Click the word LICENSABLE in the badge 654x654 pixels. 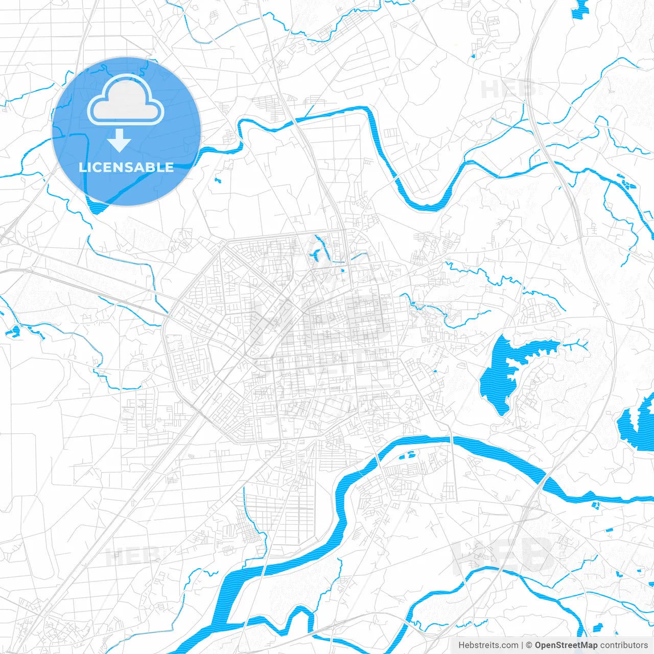pyautogui.click(x=126, y=168)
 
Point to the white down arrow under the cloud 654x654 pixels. pyautogui.click(x=120, y=140)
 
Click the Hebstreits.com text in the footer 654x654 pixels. pyautogui.click(x=488, y=645)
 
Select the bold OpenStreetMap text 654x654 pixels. pyautogui.click(x=566, y=645)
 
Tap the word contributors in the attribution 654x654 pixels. pyautogui.click(x=624, y=645)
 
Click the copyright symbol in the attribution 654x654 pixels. pyautogui.click(x=529, y=645)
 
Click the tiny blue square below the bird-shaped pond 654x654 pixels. pyautogui.click(x=342, y=270)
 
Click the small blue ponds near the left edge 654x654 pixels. pyautogui.click(x=12, y=332)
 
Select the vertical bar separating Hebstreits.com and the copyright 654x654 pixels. pyautogui.click(x=522, y=645)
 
